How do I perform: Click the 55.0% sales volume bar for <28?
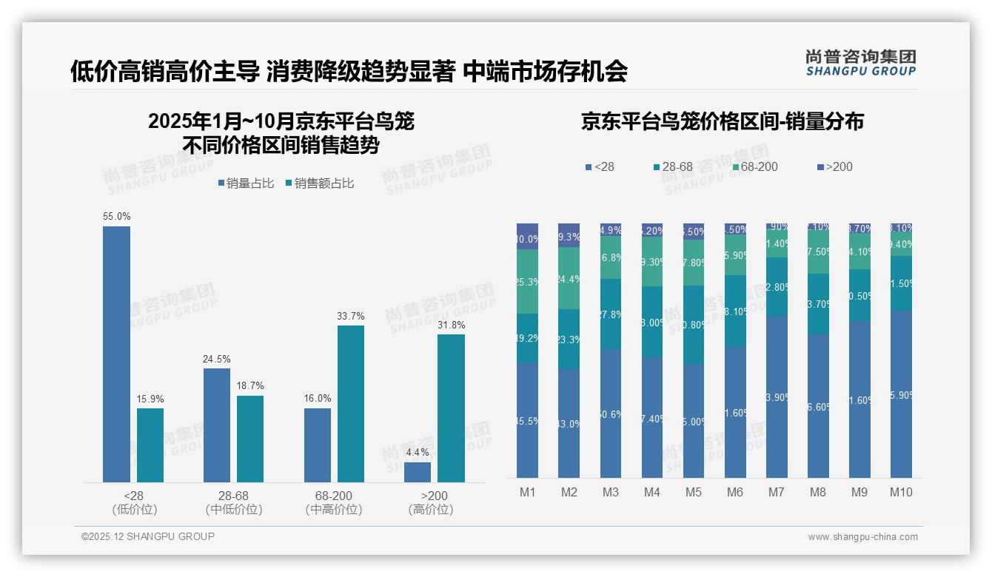pos(116,354)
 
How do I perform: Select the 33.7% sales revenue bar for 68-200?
pos(351,404)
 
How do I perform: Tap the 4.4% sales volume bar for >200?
pos(418,472)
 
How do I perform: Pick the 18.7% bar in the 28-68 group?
pos(250,439)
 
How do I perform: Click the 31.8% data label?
pos(451,325)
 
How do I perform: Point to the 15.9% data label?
pos(150,399)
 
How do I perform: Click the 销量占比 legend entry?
pos(247,183)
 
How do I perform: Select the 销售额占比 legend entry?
pos(319,183)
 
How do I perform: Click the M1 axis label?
pos(527,493)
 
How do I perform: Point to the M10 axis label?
pos(901,493)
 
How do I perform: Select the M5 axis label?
pos(693,493)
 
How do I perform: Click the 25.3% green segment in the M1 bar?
pos(527,282)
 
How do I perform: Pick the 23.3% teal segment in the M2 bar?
pos(569,340)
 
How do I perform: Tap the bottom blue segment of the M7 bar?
pos(777,397)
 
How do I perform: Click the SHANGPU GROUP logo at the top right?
pos(860,63)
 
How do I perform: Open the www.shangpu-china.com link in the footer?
pos(862,537)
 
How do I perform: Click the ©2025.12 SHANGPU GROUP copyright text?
pos(148,537)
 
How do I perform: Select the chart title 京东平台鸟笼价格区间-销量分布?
pos(722,122)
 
